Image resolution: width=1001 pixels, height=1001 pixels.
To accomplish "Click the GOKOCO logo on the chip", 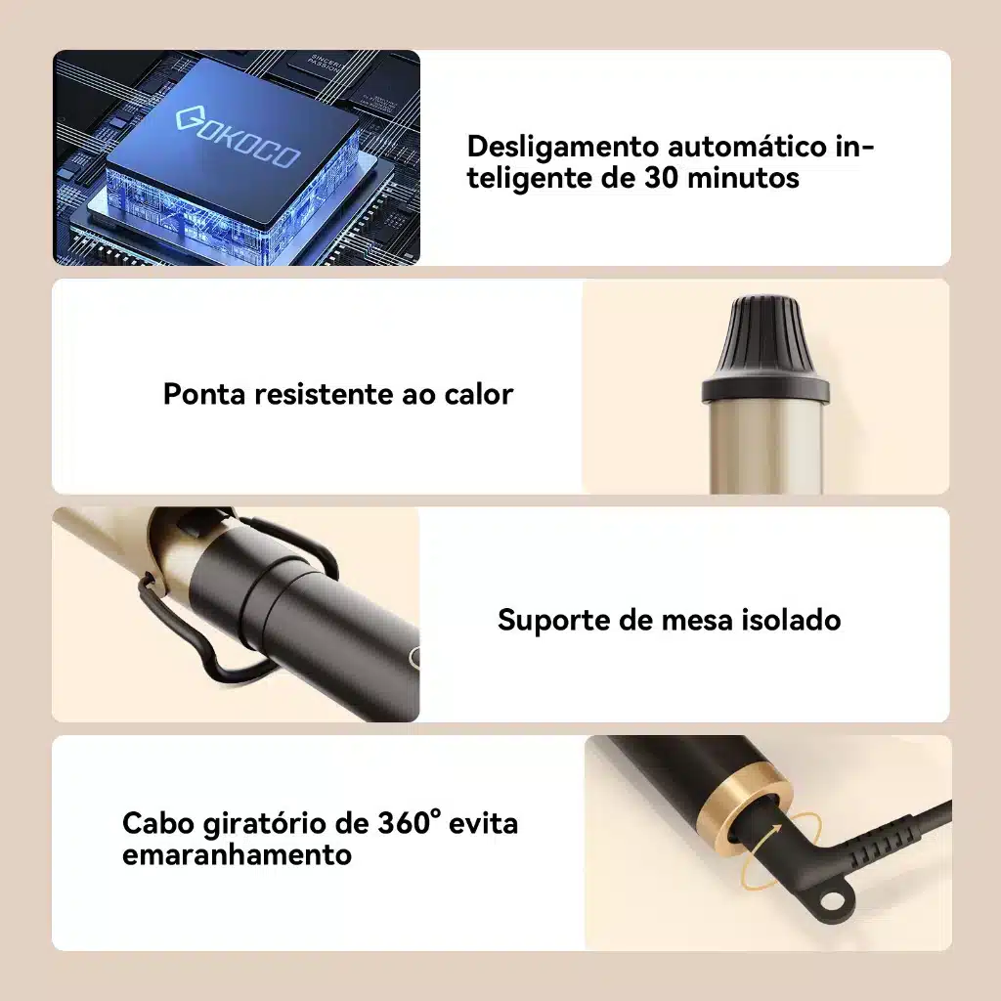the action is tap(238, 138).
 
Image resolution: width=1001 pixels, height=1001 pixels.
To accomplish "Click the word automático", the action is tap(748, 147).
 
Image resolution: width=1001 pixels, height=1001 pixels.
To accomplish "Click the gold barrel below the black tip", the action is tap(765, 448).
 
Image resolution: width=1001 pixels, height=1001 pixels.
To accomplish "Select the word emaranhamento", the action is tap(237, 854).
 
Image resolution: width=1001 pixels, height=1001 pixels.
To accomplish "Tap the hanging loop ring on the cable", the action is tap(832, 900).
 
